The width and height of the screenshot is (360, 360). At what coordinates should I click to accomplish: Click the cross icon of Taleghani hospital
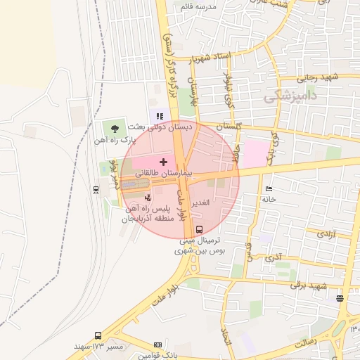pyautogui.click(x=164, y=162)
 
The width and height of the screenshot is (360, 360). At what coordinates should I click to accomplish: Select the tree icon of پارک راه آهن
pyautogui.click(x=112, y=128)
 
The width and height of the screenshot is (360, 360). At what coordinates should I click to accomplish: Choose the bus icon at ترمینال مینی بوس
pyautogui.click(x=199, y=229)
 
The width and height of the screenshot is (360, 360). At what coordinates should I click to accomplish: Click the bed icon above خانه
pyautogui.click(x=268, y=188)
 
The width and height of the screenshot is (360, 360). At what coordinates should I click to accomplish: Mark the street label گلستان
pyautogui.click(x=229, y=125)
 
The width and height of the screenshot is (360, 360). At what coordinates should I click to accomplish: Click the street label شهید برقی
pyautogui.click(x=309, y=285)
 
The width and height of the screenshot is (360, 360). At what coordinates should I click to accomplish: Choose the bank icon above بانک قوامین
pyautogui.click(x=157, y=345)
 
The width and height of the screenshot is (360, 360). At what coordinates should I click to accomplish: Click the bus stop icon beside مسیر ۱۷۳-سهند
pyautogui.click(x=97, y=336)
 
